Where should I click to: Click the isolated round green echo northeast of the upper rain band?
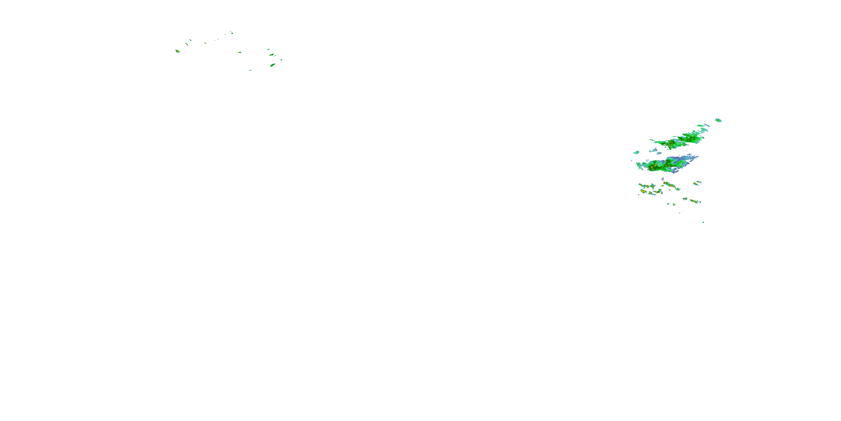(x=718, y=120)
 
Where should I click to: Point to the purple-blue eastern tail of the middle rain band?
(x=689, y=158)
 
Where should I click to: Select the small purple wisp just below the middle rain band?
(x=662, y=179)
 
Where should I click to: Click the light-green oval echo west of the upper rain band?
(x=636, y=152)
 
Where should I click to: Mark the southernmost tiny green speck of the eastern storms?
(x=703, y=222)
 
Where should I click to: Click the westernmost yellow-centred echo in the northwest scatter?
(x=177, y=51)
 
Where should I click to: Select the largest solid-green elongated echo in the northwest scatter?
(x=272, y=65)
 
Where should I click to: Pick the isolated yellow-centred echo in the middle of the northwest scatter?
(x=240, y=52)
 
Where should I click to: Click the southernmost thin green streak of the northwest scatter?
(x=250, y=70)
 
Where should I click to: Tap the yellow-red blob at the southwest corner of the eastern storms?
(x=643, y=191)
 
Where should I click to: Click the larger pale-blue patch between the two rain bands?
(x=654, y=150)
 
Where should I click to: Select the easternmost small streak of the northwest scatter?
(x=281, y=60)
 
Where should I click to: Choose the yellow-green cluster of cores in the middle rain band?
(x=653, y=167)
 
